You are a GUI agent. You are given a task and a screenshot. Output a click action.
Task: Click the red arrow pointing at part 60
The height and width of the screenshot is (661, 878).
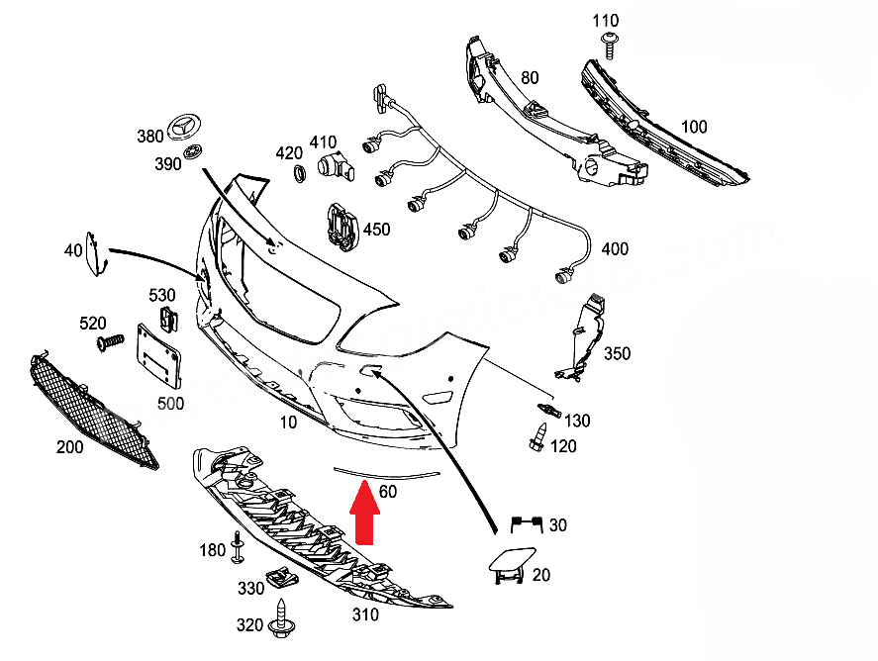[365, 513]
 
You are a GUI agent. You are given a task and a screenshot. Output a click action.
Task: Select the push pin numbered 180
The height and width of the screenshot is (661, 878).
[239, 547]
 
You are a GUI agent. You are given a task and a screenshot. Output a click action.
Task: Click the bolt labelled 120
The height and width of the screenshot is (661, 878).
[537, 438]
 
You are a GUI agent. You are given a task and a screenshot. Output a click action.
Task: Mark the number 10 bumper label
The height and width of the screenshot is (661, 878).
[288, 423]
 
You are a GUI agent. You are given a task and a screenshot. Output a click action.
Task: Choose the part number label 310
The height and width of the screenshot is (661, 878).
[365, 614]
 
